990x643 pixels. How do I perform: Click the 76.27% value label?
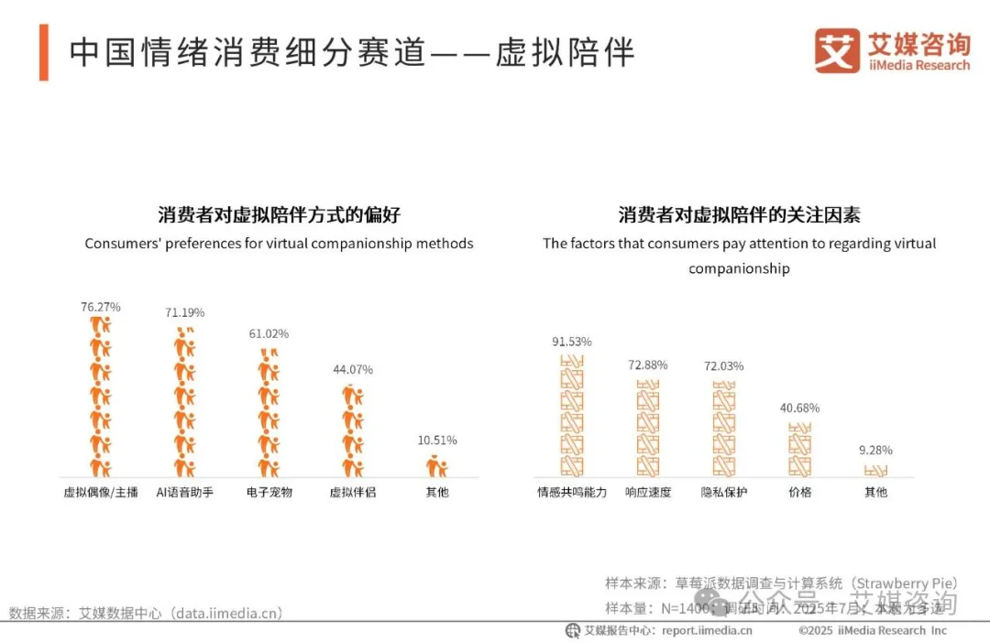click(101, 307)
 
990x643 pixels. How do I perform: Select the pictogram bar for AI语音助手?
click(184, 403)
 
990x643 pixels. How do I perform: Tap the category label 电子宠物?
click(269, 492)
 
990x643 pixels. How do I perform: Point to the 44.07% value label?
click(353, 369)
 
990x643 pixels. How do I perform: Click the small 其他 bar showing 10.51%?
click(437, 467)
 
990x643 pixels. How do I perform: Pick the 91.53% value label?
click(572, 342)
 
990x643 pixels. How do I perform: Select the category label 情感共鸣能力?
click(572, 492)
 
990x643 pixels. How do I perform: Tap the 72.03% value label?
click(724, 365)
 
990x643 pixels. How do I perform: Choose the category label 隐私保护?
click(724, 492)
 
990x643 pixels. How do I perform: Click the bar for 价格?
click(800, 449)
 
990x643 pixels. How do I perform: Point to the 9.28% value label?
click(875, 450)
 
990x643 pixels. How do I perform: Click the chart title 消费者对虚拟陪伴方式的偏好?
click(279, 215)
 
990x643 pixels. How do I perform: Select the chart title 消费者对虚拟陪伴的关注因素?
click(739, 215)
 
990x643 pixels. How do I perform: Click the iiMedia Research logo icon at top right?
click(837, 51)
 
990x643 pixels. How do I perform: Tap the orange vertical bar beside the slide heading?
click(44, 53)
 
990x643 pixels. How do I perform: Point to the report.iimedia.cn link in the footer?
click(707, 630)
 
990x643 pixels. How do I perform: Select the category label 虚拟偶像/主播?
click(101, 492)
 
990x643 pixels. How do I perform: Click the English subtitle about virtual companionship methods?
click(279, 244)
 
